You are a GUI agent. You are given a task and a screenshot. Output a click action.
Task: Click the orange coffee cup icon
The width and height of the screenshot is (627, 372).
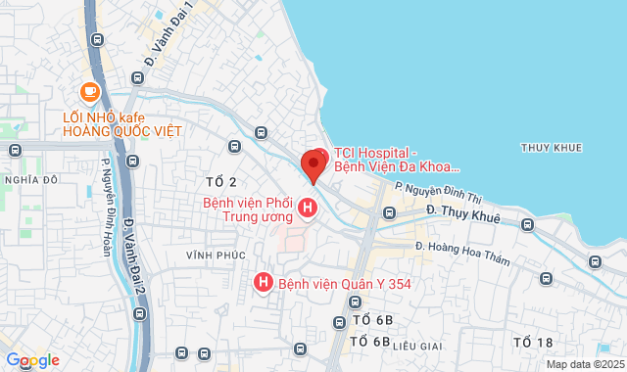tap(90, 91)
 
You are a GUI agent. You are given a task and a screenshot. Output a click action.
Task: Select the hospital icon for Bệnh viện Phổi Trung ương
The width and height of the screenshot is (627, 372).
tap(308, 209)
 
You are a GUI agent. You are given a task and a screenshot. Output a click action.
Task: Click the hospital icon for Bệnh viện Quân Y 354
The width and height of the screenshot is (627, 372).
tap(263, 282)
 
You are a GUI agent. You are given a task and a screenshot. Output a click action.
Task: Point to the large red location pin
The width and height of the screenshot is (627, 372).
tap(313, 163)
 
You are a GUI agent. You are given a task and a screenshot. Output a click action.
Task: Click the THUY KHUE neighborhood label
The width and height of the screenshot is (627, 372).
tap(552, 148)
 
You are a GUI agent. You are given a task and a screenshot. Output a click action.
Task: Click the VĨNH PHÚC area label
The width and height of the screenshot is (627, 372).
tap(212, 255)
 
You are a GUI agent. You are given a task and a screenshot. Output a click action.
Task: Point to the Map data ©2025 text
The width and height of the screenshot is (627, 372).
tap(585, 364)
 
